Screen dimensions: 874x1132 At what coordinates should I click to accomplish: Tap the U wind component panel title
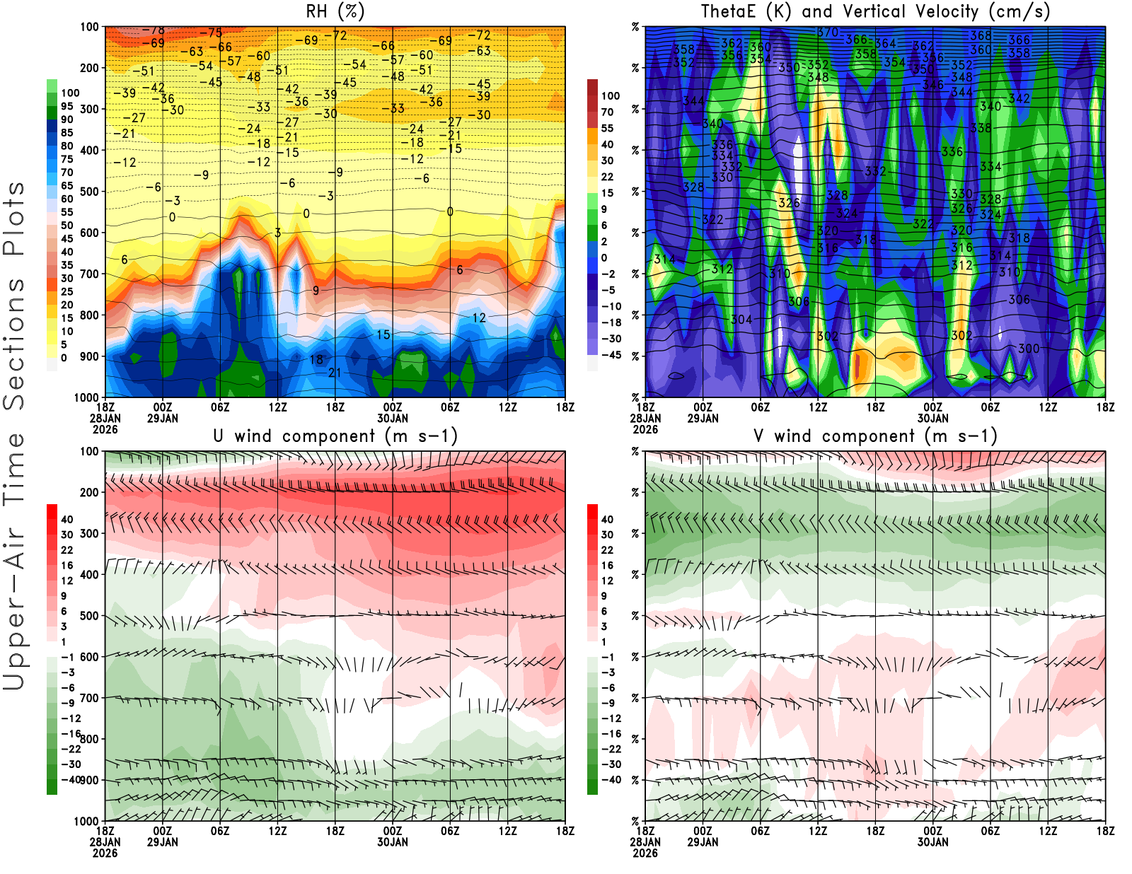(335, 436)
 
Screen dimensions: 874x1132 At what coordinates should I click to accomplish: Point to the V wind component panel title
(875, 436)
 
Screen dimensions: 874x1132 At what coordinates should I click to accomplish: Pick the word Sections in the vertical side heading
(14, 344)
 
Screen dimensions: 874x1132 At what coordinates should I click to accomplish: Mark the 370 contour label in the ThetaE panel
(827, 33)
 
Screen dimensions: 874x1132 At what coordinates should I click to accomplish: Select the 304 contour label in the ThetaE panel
(741, 320)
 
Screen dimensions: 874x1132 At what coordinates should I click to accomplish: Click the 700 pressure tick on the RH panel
(90, 274)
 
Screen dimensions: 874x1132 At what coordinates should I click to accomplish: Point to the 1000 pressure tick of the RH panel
(87, 397)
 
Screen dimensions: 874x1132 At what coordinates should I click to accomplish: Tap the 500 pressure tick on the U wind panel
(90, 616)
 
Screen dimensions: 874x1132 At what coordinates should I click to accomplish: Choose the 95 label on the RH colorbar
(67, 106)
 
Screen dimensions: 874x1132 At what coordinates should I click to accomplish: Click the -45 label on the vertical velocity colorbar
(610, 355)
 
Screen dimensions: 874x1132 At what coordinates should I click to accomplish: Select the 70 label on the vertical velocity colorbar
(607, 112)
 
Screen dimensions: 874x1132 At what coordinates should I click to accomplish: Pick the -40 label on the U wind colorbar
(69, 779)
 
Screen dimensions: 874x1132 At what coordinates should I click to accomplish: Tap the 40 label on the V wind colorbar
(607, 519)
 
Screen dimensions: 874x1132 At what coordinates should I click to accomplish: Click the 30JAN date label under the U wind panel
(392, 842)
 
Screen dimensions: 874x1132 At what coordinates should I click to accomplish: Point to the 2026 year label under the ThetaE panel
(645, 429)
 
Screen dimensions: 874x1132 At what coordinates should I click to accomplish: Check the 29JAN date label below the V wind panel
(703, 842)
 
